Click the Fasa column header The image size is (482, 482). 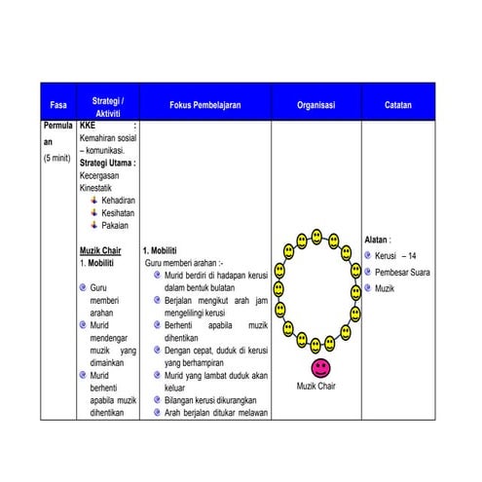click(58, 105)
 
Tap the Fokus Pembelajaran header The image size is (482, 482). click(204, 105)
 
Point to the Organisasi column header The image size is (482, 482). click(315, 105)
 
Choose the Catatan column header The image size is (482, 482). click(397, 105)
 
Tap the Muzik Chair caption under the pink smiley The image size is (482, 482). click(316, 387)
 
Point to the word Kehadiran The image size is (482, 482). click(118, 200)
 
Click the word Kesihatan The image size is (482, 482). click(118, 212)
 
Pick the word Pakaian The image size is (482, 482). click(115, 225)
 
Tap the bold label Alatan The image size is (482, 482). click(377, 239)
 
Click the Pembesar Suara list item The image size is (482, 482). click(402, 272)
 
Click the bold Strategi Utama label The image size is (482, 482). click(106, 163)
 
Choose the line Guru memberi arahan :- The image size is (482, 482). click(184, 263)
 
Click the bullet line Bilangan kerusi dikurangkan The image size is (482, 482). click(216, 399)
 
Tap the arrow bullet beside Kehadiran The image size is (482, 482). click(93, 200)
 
